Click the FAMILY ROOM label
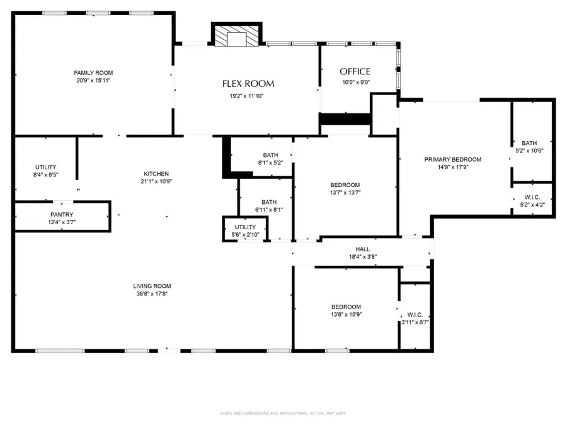coord(93,73)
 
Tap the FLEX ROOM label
coord(248,84)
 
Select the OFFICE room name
coord(355,72)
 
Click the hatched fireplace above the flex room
coord(236,36)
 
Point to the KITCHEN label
coord(156,174)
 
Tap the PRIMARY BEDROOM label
coord(452,160)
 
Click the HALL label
coord(362,249)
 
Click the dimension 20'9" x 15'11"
coord(93,81)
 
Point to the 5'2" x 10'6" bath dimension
coord(529,150)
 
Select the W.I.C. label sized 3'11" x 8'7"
coord(415,314)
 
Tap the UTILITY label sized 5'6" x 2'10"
coord(245,227)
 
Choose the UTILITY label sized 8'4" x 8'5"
coord(45,167)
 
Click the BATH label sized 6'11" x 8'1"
coord(269,202)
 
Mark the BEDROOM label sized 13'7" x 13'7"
coord(345,184)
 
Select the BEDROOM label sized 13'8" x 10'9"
coord(346,307)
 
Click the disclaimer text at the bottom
coord(283,414)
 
